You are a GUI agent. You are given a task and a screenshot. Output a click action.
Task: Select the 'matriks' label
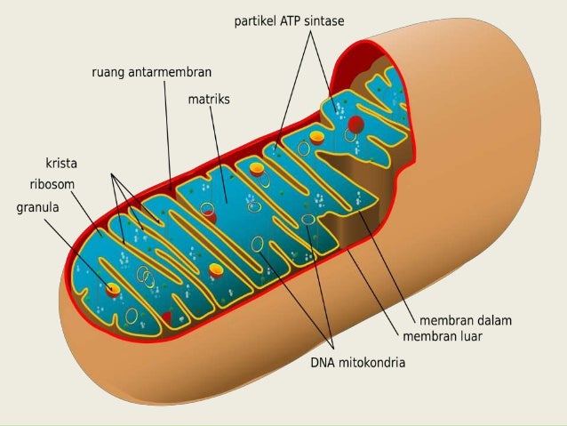[209, 100]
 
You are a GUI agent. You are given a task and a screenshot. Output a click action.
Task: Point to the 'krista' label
[61, 164]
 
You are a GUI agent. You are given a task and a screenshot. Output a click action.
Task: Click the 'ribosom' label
[52, 185]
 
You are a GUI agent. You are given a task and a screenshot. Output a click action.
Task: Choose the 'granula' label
[41, 209]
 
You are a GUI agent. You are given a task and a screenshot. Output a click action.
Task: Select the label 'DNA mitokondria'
[357, 363]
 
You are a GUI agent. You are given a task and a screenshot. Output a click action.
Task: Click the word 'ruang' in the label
[109, 71]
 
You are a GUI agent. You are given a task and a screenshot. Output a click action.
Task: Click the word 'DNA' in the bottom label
[323, 363]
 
